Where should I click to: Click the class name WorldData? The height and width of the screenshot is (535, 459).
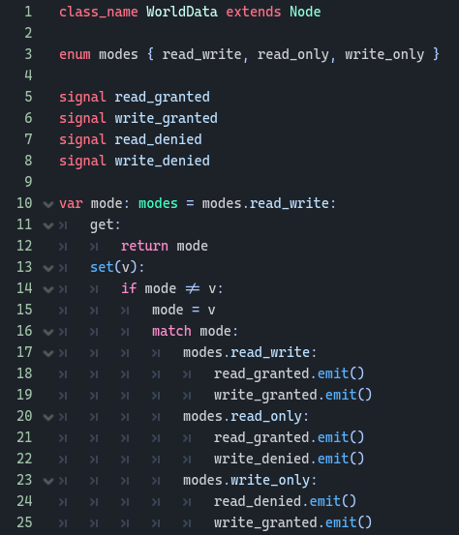[182, 12]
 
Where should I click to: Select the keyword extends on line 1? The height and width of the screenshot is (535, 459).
[254, 12]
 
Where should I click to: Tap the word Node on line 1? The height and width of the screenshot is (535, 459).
[305, 12]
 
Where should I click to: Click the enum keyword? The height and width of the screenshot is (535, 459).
[75, 54]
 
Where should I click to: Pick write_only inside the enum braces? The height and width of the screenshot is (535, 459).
[384, 54]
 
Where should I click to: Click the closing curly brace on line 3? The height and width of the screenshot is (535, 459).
[436, 54]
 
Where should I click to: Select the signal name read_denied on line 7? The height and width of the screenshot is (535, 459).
[158, 139]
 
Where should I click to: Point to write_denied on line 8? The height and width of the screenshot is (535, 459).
[163, 161]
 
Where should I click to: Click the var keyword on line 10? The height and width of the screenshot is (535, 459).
[71, 204]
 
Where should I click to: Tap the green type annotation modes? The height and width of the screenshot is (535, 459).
[158, 204]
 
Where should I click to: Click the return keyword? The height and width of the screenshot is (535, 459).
[144, 246]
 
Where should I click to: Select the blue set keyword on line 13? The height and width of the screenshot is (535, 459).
[102, 267]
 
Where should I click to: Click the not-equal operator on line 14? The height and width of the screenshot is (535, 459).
[193, 288]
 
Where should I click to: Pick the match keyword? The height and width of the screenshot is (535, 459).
[171, 331]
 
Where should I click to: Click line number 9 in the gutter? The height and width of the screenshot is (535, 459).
[28, 182]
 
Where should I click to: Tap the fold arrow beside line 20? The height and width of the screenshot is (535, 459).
[48, 417]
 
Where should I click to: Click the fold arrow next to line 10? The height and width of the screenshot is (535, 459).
[48, 204]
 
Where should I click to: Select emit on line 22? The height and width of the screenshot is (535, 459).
[333, 459]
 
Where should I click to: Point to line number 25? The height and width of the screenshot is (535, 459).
[24, 522]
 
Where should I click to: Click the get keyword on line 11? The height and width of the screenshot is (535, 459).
[102, 225]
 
